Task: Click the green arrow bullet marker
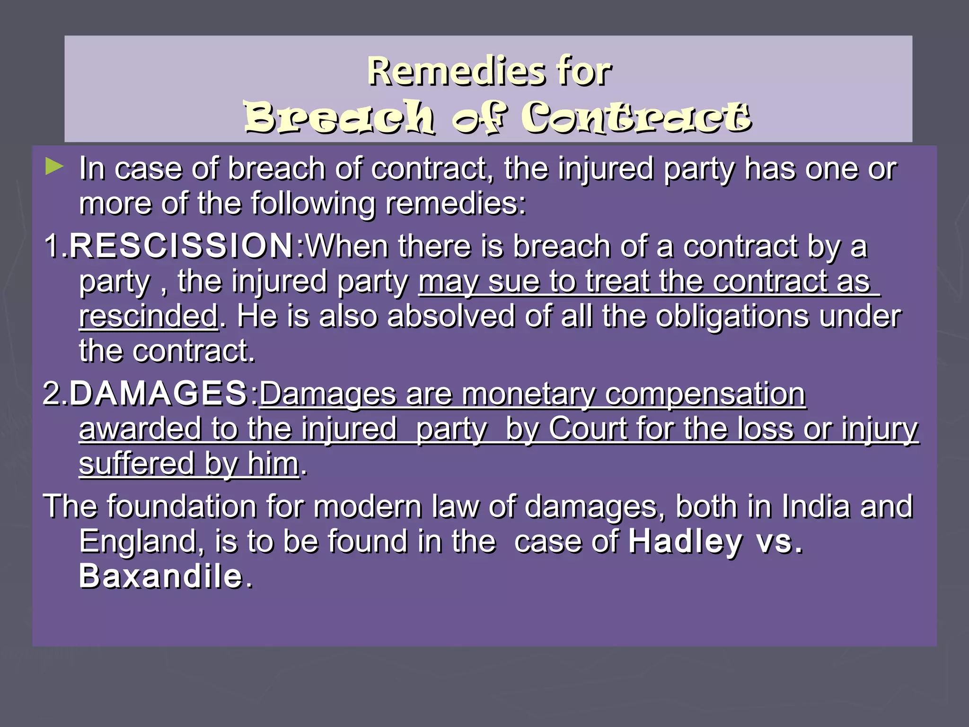54,167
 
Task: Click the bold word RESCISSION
182,246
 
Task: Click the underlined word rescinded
148,316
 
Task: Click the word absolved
450,316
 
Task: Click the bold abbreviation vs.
779,541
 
